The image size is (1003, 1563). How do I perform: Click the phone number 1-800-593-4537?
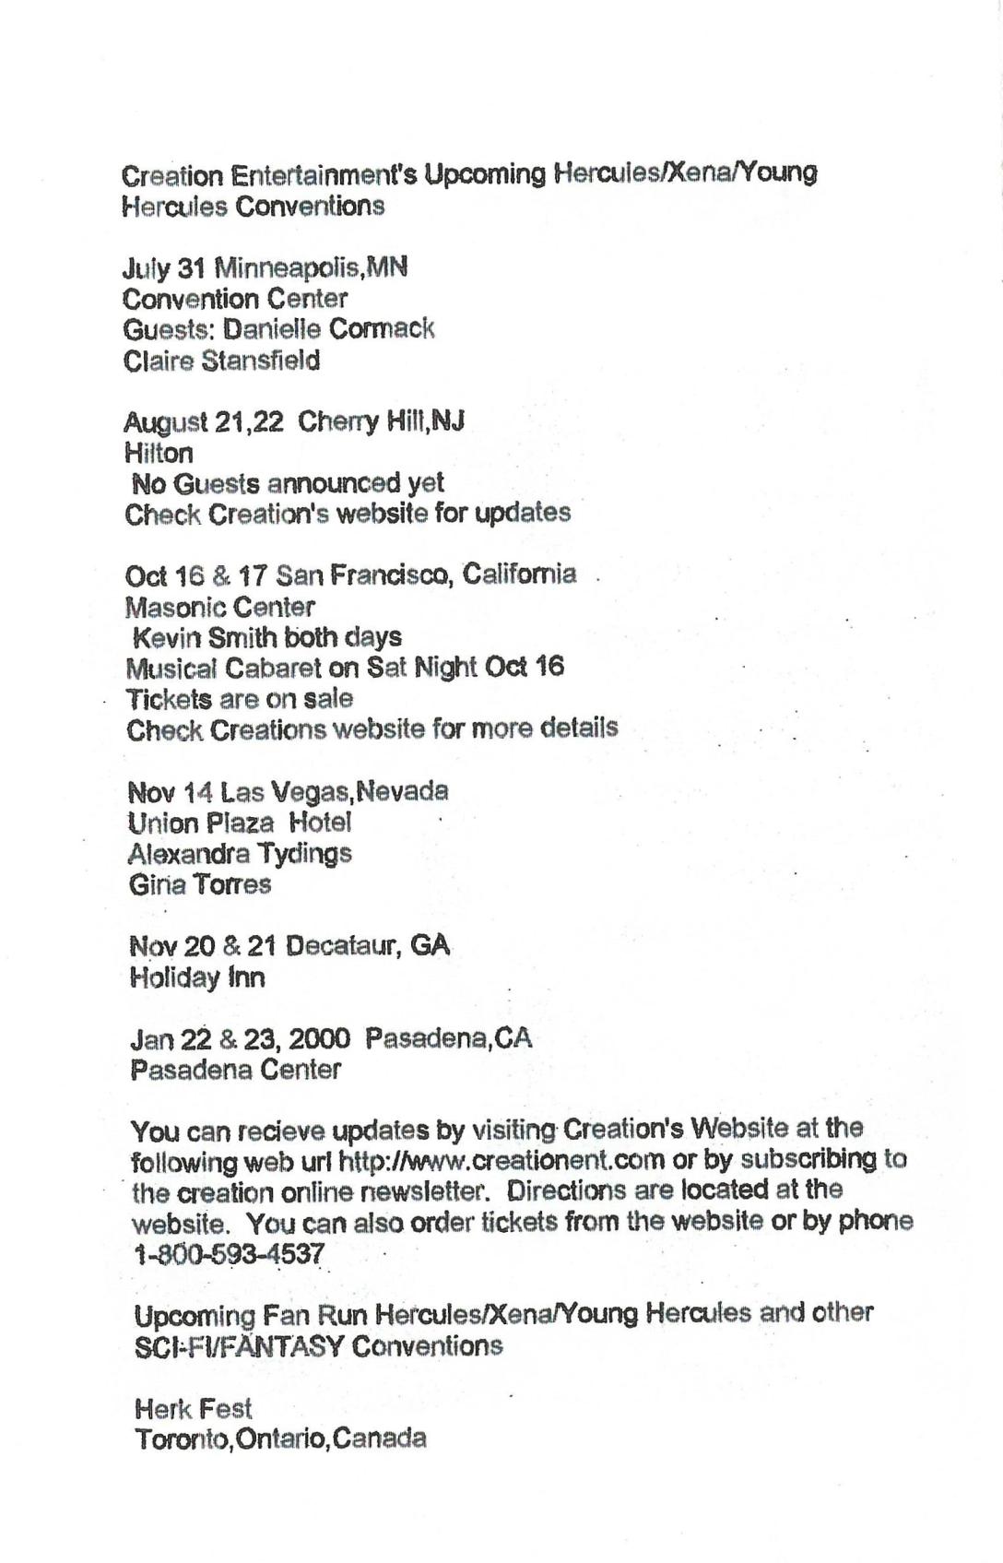click(230, 1254)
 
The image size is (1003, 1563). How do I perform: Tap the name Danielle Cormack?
click(328, 329)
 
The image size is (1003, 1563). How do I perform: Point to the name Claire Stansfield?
click(221, 361)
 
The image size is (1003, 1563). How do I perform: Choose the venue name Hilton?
click(159, 453)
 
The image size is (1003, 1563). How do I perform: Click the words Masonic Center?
click(220, 607)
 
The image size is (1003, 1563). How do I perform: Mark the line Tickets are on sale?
click(240, 698)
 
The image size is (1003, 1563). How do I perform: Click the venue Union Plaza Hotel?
click(240, 823)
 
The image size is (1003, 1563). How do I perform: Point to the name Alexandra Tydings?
click(240, 853)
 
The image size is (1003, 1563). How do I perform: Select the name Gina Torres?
click(200, 884)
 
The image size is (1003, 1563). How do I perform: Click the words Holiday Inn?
click(197, 977)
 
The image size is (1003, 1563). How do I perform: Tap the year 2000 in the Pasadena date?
click(319, 1039)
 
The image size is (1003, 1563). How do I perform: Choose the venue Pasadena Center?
click(236, 1070)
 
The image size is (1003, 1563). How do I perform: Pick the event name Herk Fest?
click(193, 1408)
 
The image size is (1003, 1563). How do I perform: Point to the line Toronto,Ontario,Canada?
click(280, 1439)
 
